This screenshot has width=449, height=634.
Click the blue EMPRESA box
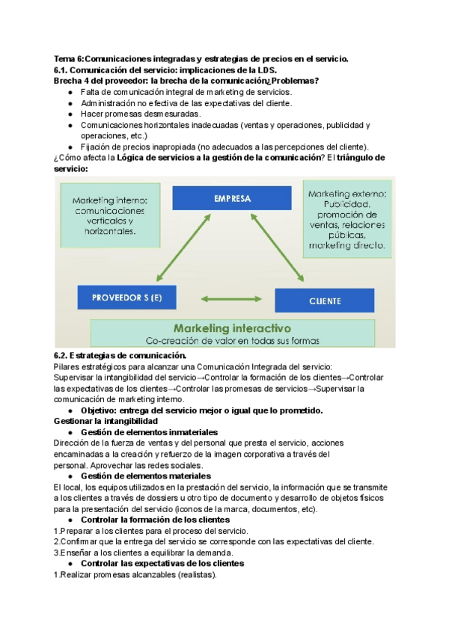pyautogui.click(x=232, y=199)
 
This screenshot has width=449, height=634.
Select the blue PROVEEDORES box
pyautogui.click(x=126, y=298)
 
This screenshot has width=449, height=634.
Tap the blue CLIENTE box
pyautogui.click(x=325, y=301)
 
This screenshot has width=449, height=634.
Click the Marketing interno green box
pyautogui.click(x=114, y=216)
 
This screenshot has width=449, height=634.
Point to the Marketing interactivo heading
pyautogui.click(x=232, y=327)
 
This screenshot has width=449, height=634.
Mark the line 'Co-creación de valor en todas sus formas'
pyautogui.click(x=232, y=341)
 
